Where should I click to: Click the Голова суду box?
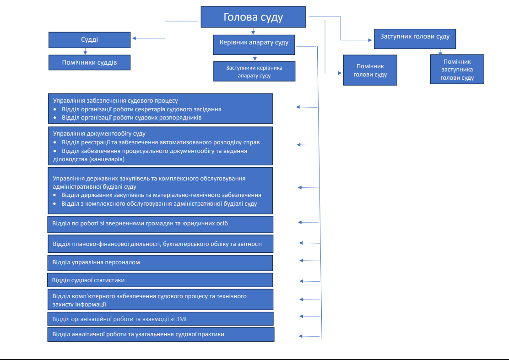tap(253, 17)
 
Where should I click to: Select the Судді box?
tap(90, 40)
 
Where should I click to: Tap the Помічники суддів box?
tap(90, 62)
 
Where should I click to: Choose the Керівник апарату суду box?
tap(254, 45)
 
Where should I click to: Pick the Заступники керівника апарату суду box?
tap(254, 71)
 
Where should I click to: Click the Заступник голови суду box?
tap(415, 39)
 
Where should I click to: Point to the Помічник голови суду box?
tap(370, 70)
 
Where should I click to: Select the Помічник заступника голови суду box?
tap(457, 69)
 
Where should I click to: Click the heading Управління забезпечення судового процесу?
tap(115, 101)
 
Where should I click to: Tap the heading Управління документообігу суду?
tap(99, 134)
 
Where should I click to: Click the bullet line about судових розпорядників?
tap(132, 118)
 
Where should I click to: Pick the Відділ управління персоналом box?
tap(160, 263)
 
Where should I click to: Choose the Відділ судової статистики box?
tap(160, 280)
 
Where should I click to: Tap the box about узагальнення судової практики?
tap(161, 334)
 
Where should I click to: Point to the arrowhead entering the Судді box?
tap(134, 38)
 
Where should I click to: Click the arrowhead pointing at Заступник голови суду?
tap(370, 40)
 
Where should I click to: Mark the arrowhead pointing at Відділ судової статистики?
tap(301, 281)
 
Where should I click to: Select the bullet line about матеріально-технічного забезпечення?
tap(161, 195)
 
